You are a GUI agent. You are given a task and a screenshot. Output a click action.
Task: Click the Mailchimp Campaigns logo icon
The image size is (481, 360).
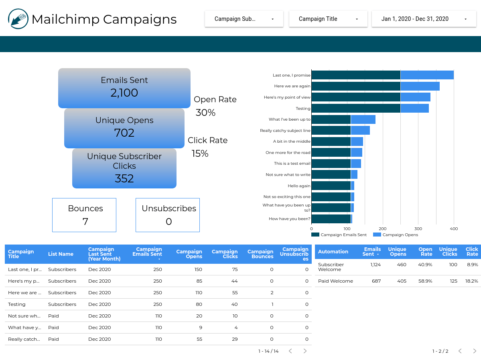click(x=18, y=19)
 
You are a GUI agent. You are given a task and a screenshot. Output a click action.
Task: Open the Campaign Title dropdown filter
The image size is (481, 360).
click(x=328, y=19)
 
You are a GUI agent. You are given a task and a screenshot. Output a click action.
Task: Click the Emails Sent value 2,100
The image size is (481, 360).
click(x=124, y=93)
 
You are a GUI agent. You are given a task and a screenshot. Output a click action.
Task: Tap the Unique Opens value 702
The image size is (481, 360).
click(x=124, y=133)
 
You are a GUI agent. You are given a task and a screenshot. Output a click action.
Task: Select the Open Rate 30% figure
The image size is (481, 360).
click(x=205, y=113)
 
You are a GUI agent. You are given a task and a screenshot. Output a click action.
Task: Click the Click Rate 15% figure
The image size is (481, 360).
click(x=200, y=154)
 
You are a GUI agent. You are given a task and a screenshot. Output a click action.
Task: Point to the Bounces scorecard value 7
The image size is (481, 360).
click(x=85, y=222)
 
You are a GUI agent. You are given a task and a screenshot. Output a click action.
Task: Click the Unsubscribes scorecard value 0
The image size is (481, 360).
click(x=168, y=222)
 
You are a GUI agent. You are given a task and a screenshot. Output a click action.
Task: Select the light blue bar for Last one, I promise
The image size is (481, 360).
click(x=427, y=75)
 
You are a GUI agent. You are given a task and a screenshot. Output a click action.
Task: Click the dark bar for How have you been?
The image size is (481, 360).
click(x=331, y=219)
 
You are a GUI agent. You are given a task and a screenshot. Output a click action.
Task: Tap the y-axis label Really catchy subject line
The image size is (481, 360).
click(x=285, y=131)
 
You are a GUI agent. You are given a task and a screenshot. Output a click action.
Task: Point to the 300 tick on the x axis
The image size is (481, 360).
click(x=418, y=229)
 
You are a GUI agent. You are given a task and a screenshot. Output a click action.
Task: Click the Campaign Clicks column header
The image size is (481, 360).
click(x=225, y=254)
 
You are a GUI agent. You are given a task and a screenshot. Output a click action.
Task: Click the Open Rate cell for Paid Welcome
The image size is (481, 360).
click(x=425, y=281)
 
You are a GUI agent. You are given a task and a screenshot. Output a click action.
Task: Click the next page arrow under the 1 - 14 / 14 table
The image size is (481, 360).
click(x=305, y=351)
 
